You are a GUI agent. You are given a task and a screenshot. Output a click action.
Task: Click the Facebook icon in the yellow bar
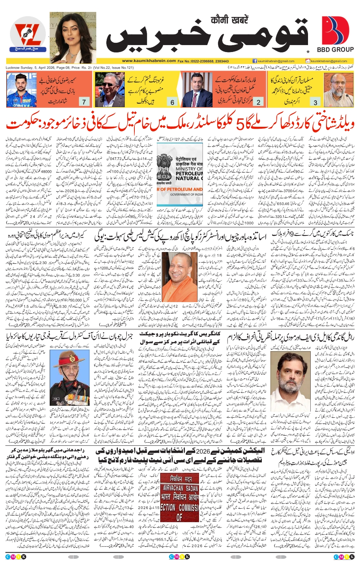[255, 61]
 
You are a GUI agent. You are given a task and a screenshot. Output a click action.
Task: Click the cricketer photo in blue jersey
[22, 90]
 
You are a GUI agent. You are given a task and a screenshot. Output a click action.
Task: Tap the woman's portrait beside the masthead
[73, 37]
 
